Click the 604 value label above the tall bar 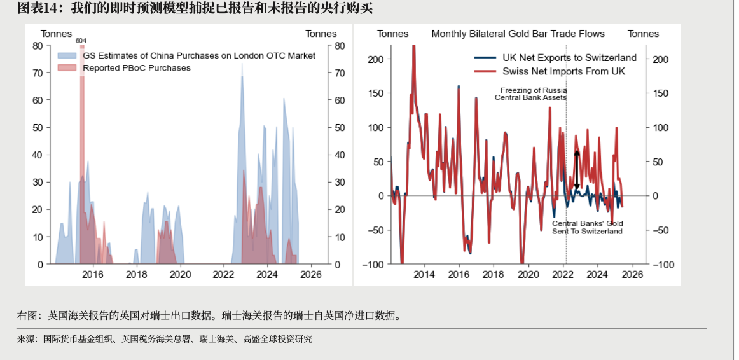[x=81, y=41]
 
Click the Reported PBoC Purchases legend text [x=136, y=67]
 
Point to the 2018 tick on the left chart [x=137, y=275]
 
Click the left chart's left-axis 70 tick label [x=38, y=73]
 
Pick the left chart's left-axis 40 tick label [x=38, y=155]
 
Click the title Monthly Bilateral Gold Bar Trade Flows [x=518, y=34]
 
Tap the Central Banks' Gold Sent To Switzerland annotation [x=587, y=228]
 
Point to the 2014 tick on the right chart [x=424, y=275]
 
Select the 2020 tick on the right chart [x=528, y=275]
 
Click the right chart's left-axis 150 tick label [x=376, y=93]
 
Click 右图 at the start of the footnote [x=25, y=315]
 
